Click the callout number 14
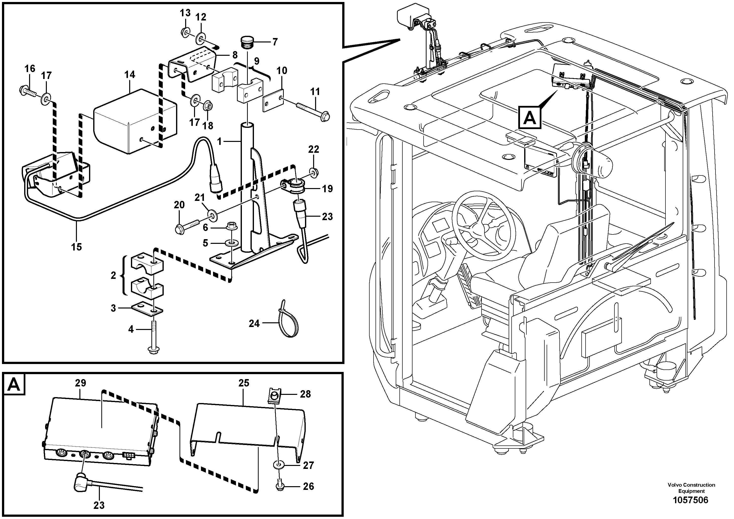pos(129,75)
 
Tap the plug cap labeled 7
pos(247,42)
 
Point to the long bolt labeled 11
pos(312,109)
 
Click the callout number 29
pos(81,383)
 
